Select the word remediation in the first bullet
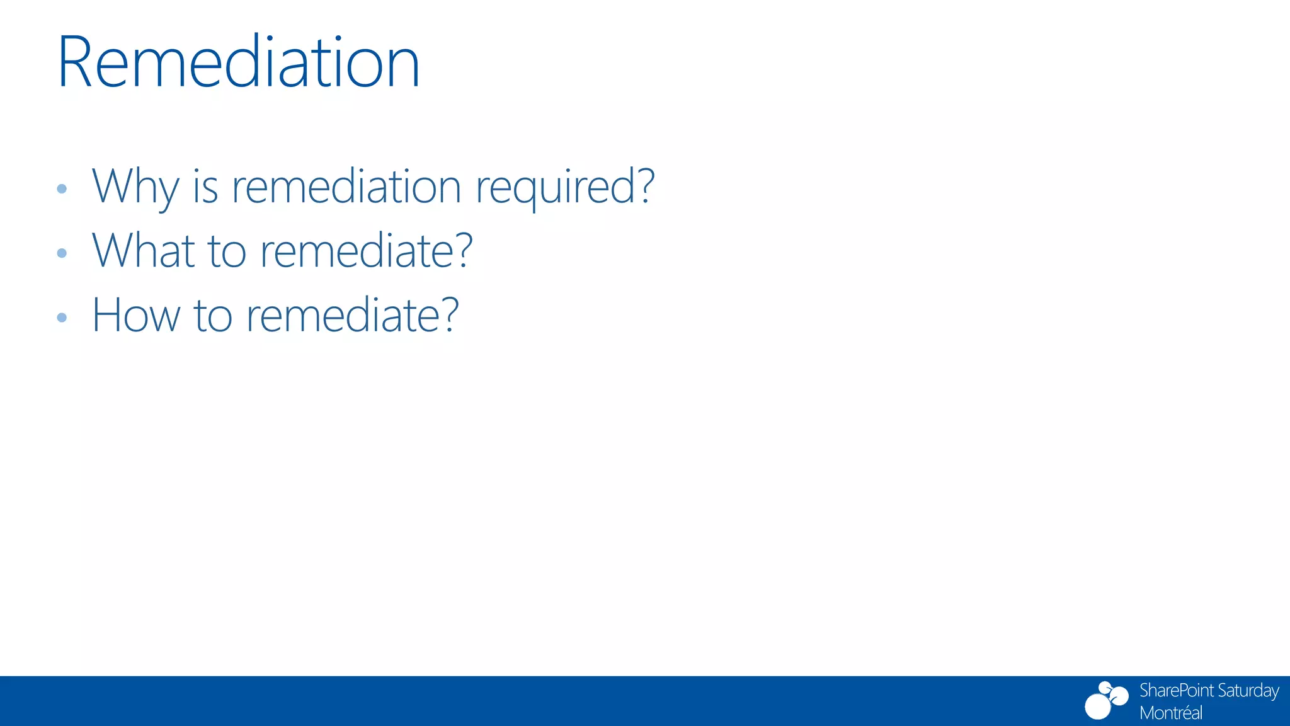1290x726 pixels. coord(346,187)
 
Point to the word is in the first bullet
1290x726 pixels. coord(205,187)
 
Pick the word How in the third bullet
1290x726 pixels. coord(136,315)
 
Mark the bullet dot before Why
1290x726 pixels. coord(62,188)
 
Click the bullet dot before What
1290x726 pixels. coord(62,253)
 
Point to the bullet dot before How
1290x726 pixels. coord(62,318)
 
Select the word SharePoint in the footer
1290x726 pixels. coord(1176,691)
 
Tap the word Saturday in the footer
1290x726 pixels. coord(1248,691)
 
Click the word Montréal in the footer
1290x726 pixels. coord(1171,713)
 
